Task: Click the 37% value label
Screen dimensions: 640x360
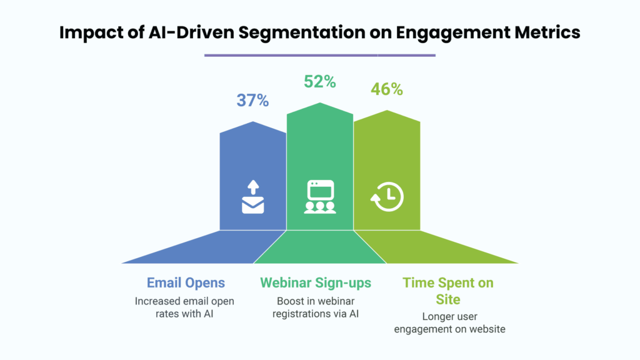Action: (x=252, y=101)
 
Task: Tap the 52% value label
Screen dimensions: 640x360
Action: (x=320, y=82)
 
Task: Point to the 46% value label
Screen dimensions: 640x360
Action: (x=387, y=89)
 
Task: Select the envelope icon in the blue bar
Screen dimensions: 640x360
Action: (x=253, y=205)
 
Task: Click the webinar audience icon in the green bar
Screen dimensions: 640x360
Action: (x=320, y=197)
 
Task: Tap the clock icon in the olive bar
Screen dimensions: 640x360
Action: (x=387, y=197)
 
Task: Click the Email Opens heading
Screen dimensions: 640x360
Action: (x=186, y=282)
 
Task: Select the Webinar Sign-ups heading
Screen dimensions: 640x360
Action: (x=316, y=282)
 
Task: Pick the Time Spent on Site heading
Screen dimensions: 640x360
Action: (x=448, y=291)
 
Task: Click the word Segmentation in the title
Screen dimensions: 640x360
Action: (x=302, y=32)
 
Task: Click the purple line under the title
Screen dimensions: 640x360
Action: (x=320, y=55)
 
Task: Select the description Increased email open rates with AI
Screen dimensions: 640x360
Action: (x=184, y=307)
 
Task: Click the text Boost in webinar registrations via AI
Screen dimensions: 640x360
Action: (x=316, y=307)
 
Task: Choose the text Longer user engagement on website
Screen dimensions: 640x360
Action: (x=449, y=322)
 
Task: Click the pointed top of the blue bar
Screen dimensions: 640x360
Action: (x=253, y=122)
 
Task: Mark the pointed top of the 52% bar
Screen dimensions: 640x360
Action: (x=320, y=103)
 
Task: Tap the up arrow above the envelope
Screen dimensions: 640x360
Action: (x=253, y=187)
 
